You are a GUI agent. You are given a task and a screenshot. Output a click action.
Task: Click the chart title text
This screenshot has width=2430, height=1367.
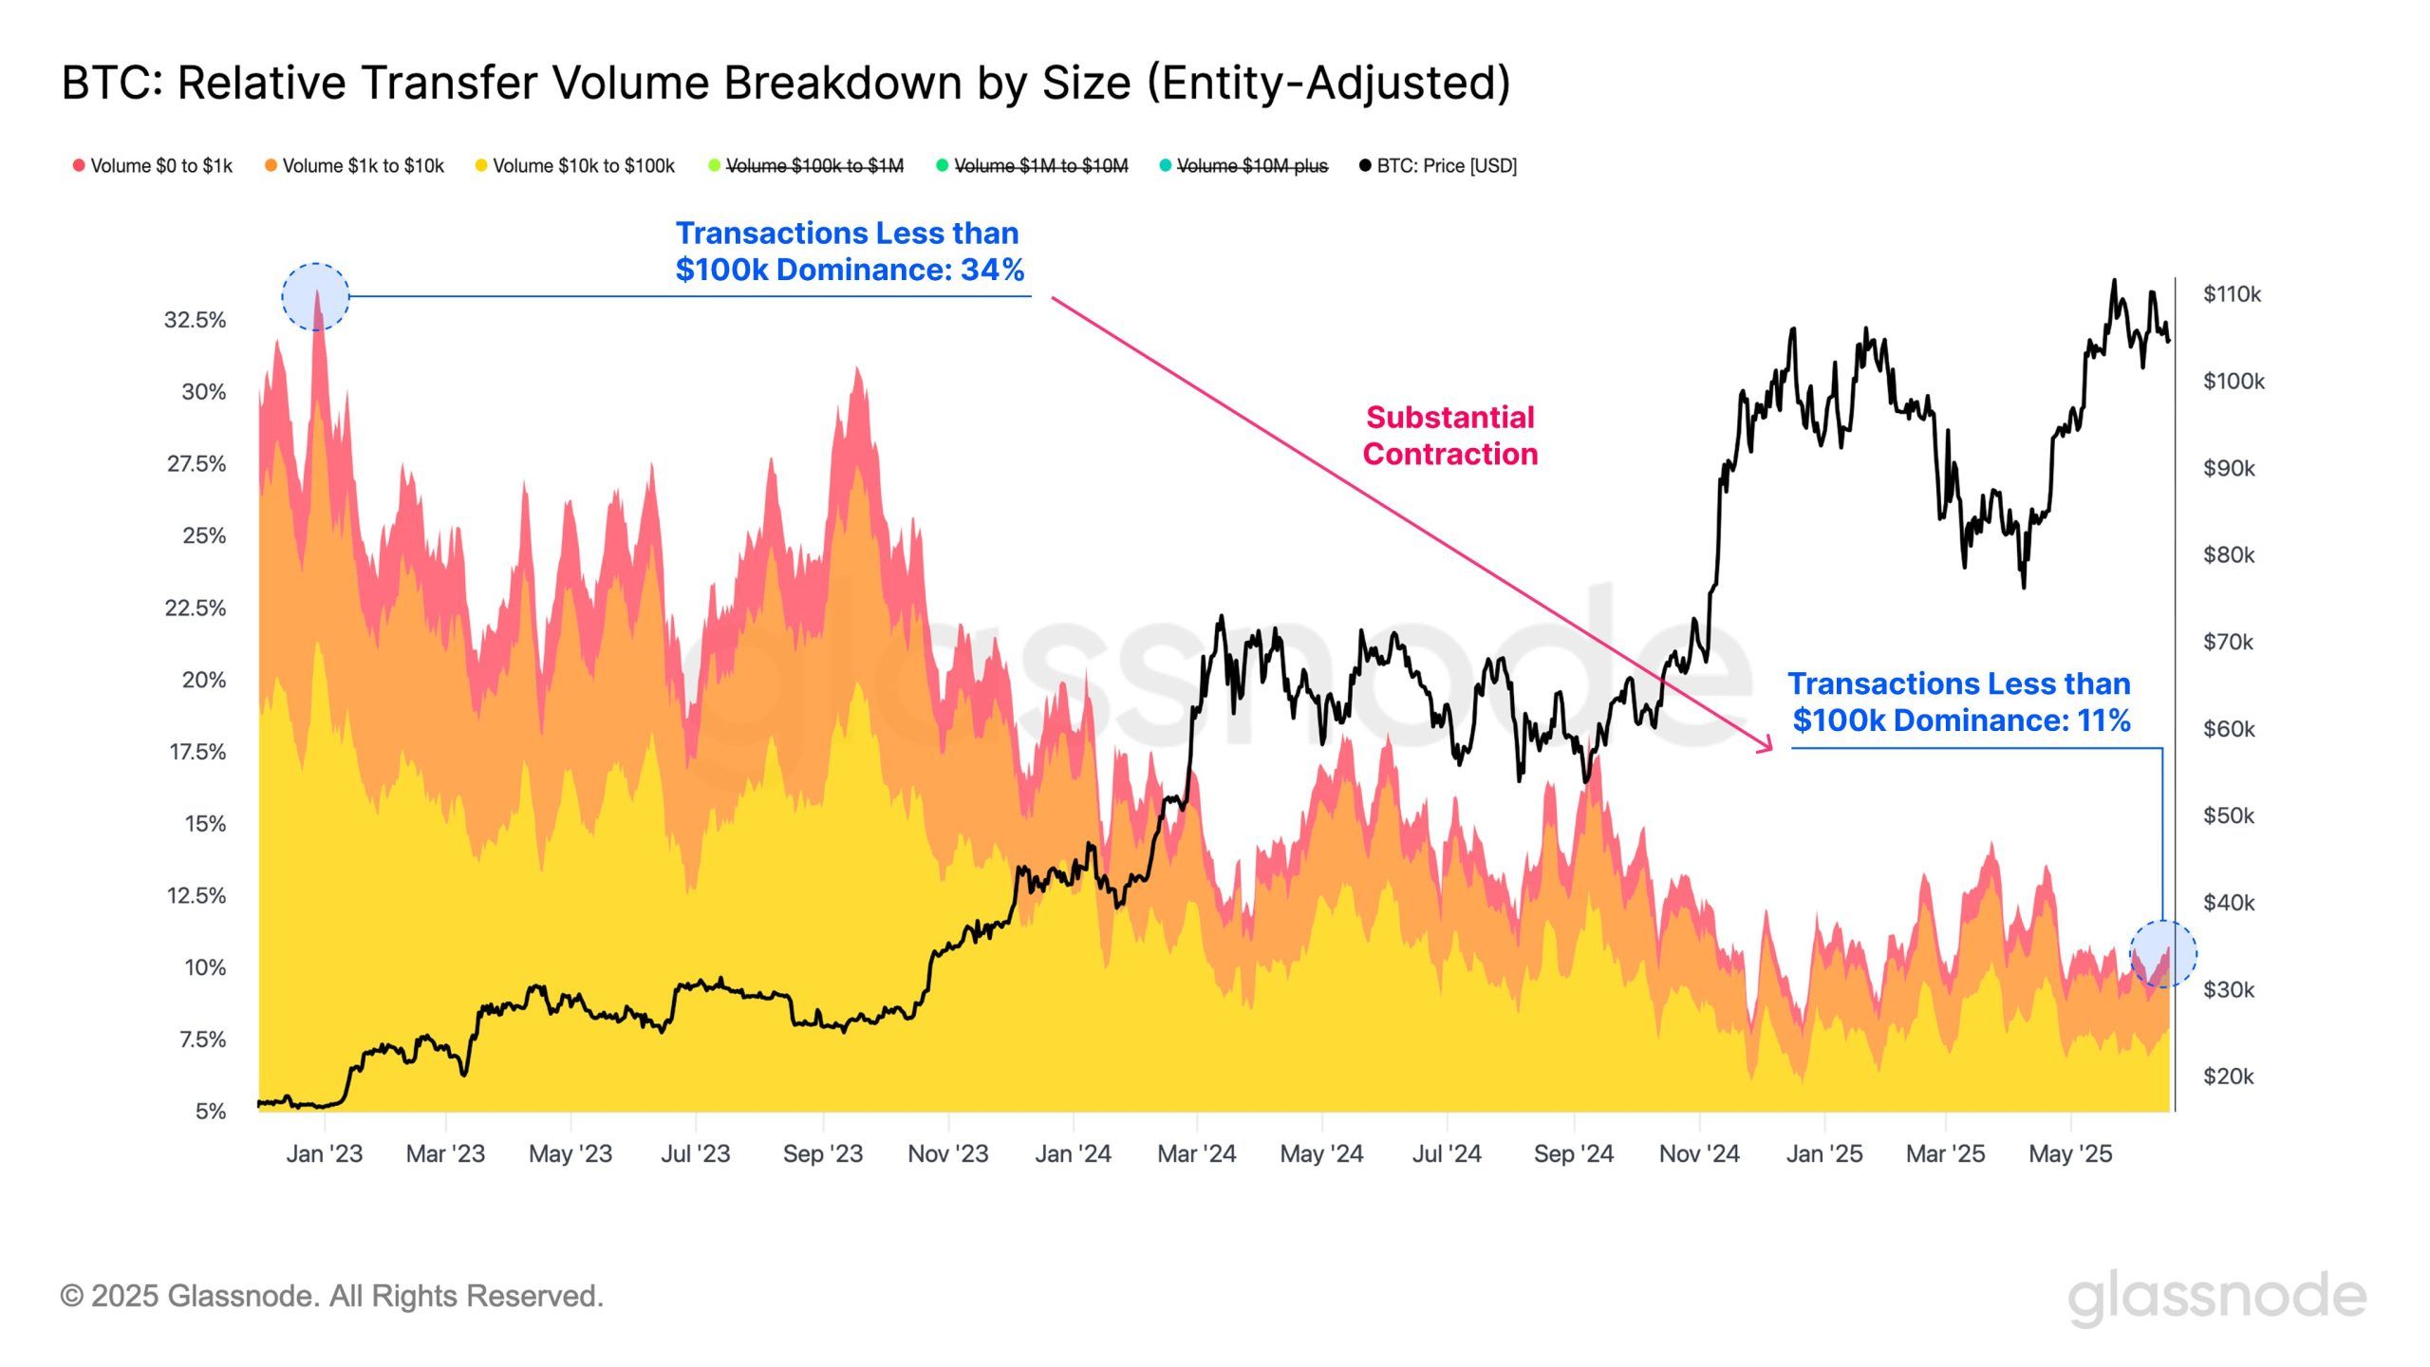(x=786, y=84)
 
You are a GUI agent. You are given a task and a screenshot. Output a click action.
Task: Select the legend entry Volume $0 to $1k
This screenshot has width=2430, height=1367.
(x=153, y=166)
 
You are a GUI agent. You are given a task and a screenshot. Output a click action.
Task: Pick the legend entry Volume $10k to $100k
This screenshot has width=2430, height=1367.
(x=574, y=166)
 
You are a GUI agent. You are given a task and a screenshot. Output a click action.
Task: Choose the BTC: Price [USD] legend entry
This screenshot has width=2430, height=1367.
(x=1438, y=166)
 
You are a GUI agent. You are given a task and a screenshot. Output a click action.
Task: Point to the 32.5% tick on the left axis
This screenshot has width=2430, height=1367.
(x=196, y=320)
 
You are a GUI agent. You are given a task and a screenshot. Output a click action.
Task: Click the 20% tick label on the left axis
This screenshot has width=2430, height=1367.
(x=204, y=680)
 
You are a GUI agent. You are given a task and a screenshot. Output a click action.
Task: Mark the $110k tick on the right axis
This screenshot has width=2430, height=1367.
(x=2232, y=294)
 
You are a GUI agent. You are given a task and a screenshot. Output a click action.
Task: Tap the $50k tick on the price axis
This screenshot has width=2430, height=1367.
(x=2229, y=815)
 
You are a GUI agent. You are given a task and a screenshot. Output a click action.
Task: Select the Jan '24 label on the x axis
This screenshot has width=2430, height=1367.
(x=1073, y=1153)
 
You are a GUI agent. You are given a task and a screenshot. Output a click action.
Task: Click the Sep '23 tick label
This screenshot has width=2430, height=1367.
(x=822, y=1153)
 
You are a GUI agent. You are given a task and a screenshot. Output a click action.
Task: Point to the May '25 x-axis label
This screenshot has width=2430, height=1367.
(x=2070, y=1153)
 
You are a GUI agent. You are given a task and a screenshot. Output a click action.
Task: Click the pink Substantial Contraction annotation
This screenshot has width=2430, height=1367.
(x=1449, y=436)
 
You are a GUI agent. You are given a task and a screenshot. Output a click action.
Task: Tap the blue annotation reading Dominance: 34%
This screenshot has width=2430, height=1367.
(x=850, y=252)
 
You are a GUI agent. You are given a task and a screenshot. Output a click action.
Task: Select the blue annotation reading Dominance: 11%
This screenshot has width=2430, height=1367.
(x=1960, y=702)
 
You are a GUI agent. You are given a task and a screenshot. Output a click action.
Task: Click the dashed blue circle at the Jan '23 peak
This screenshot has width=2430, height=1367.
(x=316, y=297)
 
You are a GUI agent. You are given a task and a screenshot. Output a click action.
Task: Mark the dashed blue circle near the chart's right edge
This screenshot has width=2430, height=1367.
(x=2163, y=954)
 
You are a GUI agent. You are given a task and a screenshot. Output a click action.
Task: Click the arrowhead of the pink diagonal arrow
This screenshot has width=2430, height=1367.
(x=1767, y=747)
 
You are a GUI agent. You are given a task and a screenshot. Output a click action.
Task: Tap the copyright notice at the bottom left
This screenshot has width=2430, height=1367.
(x=331, y=1296)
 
